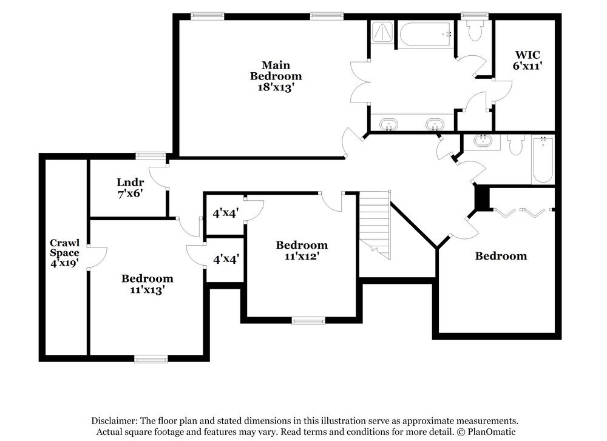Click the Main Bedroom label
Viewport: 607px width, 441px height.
click(x=276, y=76)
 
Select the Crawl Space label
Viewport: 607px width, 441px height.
click(x=64, y=253)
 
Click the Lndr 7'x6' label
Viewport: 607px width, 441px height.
click(x=129, y=187)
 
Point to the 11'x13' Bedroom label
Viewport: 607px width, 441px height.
click(x=147, y=284)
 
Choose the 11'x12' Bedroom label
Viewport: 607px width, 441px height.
click(x=302, y=251)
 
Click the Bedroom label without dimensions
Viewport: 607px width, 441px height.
click(x=501, y=256)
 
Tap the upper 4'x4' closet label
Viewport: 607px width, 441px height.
click(x=225, y=213)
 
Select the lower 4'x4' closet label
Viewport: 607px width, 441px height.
click(x=225, y=258)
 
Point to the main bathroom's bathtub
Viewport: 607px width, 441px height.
click(x=425, y=35)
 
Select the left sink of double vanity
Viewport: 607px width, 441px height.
click(x=388, y=124)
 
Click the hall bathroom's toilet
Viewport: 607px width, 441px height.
click(x=516, y=145)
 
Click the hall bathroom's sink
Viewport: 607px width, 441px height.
click(x=483, y=142)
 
